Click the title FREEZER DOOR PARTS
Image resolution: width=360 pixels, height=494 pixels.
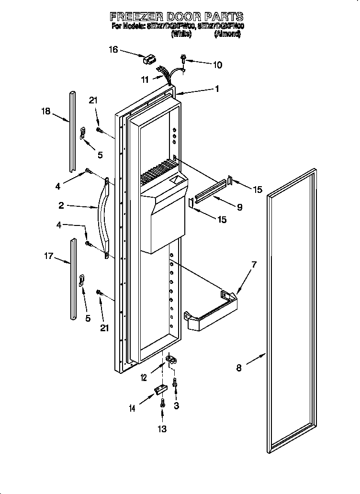click(x=177, y=17)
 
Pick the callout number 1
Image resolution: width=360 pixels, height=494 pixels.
click(x=217, y=89)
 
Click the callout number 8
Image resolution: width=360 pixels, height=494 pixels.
click(x=239, y=368)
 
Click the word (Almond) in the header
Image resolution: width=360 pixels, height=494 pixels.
click(x=227, y=34)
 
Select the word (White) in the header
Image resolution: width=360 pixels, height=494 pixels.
click(x=181, y=34)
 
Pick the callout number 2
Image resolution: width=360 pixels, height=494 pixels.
click(x=61, y=205)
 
